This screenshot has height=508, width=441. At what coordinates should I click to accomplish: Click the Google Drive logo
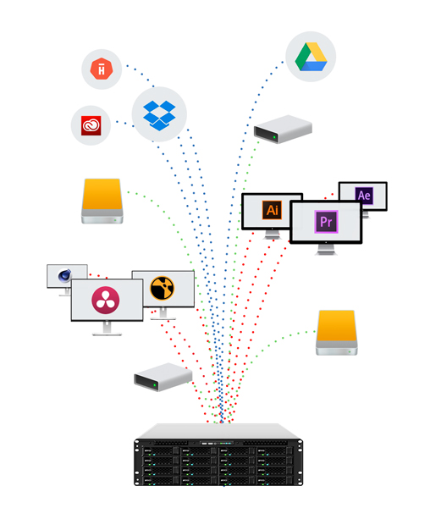311,57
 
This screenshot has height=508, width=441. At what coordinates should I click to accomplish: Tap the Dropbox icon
159,115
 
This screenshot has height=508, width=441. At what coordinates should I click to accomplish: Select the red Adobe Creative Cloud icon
91,125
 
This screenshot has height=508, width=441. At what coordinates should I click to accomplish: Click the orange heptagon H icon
102,69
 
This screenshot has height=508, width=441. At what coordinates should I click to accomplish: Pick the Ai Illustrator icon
272,210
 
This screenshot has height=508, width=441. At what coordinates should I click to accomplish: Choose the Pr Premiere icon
326,222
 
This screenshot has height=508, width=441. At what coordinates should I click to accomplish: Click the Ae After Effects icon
364,196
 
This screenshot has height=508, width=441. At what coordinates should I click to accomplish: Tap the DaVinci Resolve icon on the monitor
106,300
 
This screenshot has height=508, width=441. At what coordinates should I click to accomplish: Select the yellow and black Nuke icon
163,288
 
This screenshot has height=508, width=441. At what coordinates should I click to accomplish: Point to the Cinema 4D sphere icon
64,276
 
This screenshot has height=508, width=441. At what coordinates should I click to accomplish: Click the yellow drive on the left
102,202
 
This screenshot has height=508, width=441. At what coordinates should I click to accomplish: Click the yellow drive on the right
337,333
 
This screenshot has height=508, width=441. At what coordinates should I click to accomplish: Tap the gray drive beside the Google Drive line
283,129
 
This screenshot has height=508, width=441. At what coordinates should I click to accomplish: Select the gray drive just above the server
163,377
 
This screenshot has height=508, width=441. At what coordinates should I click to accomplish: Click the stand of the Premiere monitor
326,250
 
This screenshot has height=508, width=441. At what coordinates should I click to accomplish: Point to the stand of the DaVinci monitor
107,329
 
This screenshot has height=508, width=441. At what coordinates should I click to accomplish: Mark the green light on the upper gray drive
274,137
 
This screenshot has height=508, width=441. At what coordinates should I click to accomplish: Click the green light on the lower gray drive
155,385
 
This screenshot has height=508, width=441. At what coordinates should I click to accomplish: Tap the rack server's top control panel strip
217,443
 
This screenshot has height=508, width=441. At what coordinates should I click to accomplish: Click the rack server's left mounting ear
137,462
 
